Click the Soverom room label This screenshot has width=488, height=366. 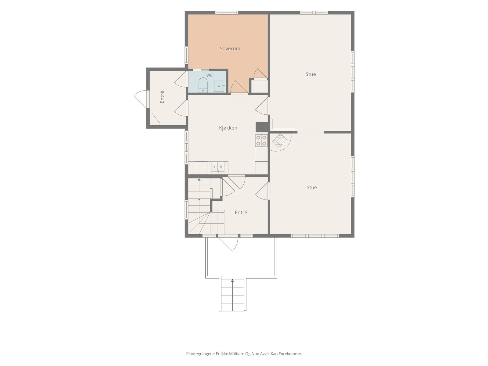230,48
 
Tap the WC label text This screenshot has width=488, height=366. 209,75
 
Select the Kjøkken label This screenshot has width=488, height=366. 228,128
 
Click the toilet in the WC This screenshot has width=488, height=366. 203,85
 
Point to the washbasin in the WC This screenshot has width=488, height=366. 219,86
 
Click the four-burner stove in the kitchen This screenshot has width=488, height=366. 261,140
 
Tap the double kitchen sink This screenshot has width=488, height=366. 218,167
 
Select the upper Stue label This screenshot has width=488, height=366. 310,74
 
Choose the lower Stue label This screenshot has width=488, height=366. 312,187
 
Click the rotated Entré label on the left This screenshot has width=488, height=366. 162,97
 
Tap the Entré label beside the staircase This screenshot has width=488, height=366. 241,213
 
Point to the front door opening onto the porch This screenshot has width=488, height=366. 228,243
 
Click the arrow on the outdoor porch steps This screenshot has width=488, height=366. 232,295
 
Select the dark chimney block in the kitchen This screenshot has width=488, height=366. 262,127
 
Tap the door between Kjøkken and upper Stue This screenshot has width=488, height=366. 263,106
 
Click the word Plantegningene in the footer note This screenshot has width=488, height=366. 200,353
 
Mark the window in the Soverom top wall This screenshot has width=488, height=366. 227,13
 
